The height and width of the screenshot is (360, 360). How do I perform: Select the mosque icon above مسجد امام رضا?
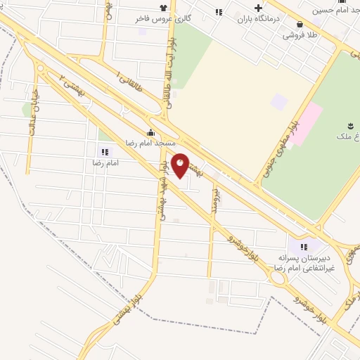click(x=150, y=133)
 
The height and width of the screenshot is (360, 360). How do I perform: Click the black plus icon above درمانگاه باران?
click(x=259, y=7)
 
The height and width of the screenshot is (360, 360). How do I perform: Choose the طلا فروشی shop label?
click(x=300, y=33)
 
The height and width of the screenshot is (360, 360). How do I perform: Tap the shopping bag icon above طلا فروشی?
click(x=300, y=23)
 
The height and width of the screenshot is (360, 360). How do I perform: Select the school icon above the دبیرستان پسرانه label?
click(x=304, y=247)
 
